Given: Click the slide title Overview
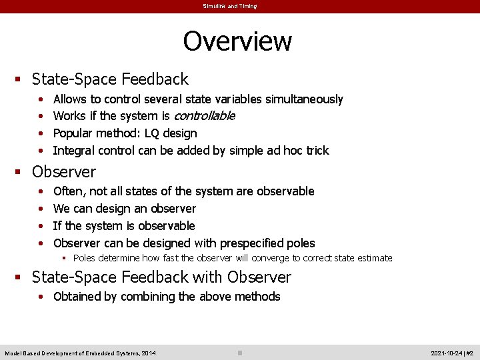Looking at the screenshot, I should [237, 41].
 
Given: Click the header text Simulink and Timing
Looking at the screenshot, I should [230, 6].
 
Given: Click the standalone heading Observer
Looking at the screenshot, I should [64, 171].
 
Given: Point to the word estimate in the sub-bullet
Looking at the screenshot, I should [373, 258].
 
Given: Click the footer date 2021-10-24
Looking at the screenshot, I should [447, 353].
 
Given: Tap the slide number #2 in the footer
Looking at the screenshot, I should [469, 353].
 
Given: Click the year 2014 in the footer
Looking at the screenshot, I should [148, 353].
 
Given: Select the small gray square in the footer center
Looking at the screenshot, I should [240, 353].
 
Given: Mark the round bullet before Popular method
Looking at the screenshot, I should [41, 133].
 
